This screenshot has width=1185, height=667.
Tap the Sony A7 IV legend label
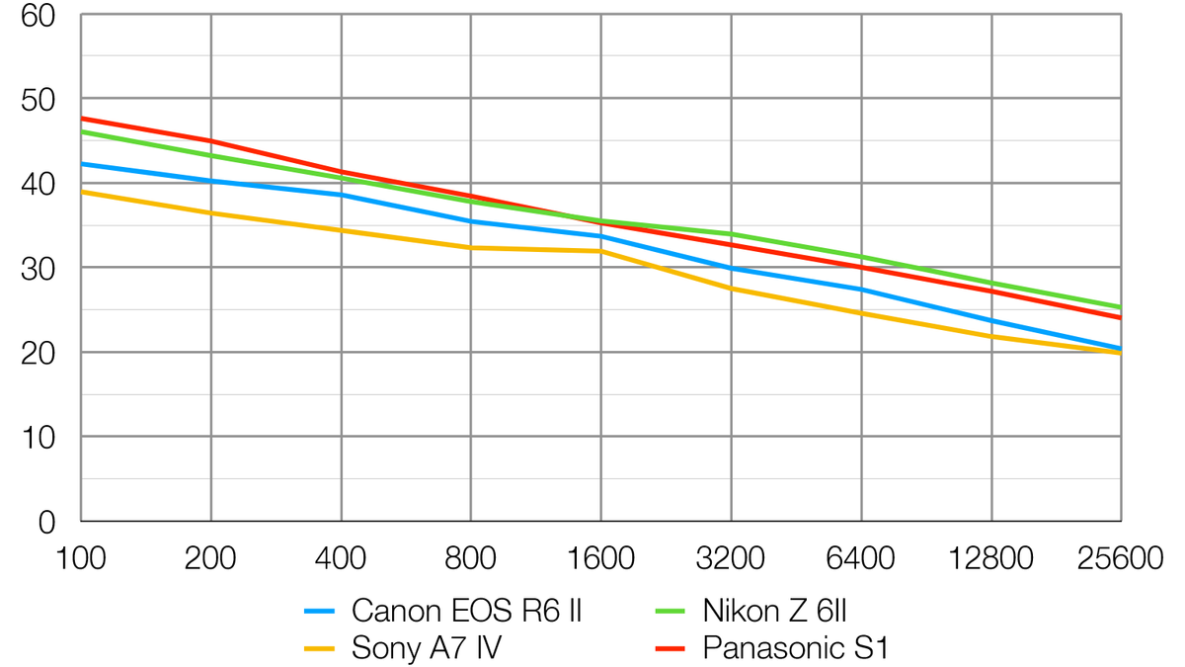429,648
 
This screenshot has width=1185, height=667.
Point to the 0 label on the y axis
47,522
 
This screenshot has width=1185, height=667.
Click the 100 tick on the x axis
81,558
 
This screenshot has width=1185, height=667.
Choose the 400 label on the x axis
341,558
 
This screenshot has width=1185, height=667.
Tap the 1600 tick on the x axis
600,558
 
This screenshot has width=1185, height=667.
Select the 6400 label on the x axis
861,558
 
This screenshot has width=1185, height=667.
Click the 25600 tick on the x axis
1121,558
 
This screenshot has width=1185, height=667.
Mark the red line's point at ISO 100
81,119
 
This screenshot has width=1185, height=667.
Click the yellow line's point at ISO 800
471,248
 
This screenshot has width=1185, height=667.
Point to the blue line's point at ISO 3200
731,268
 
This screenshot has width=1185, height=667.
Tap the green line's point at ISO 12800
990,283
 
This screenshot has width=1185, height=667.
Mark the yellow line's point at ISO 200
211,213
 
